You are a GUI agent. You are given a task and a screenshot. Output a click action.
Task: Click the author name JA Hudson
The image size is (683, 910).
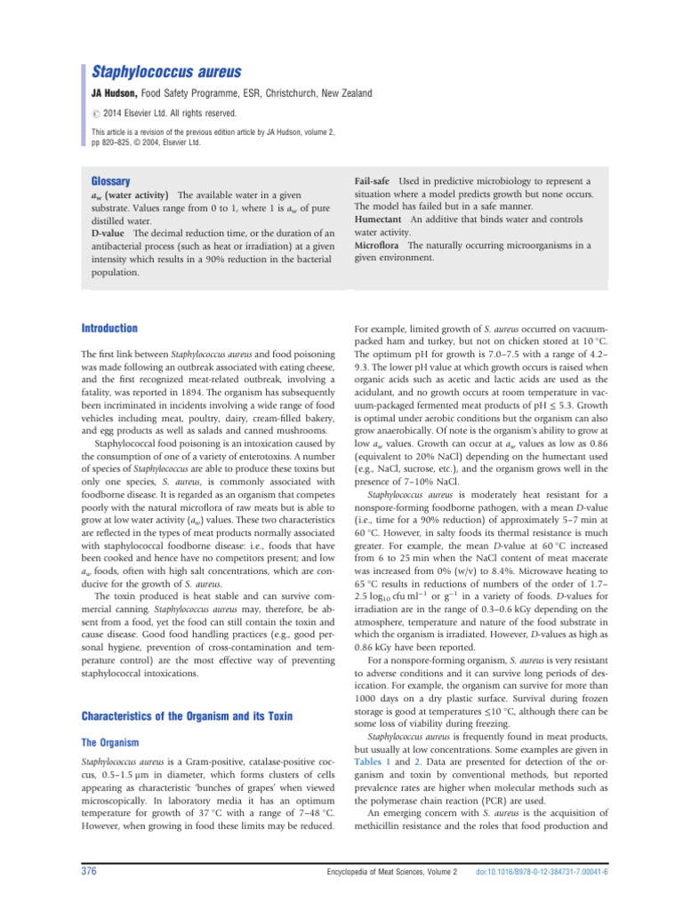(x=121, y=93)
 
